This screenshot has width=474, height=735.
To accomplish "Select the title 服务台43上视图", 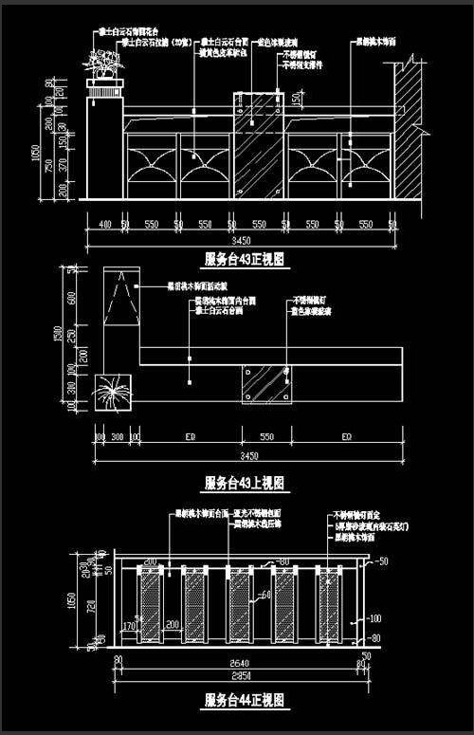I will pyautogui.click(x=245, y=482).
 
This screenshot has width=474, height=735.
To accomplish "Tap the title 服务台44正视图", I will pyautogui.click(x=245, y=702).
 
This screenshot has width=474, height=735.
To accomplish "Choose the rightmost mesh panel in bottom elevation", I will pyautogui.click(x=330, y=607).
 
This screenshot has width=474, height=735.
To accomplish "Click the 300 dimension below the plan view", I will pyautogui.click(x=118, y=436).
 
